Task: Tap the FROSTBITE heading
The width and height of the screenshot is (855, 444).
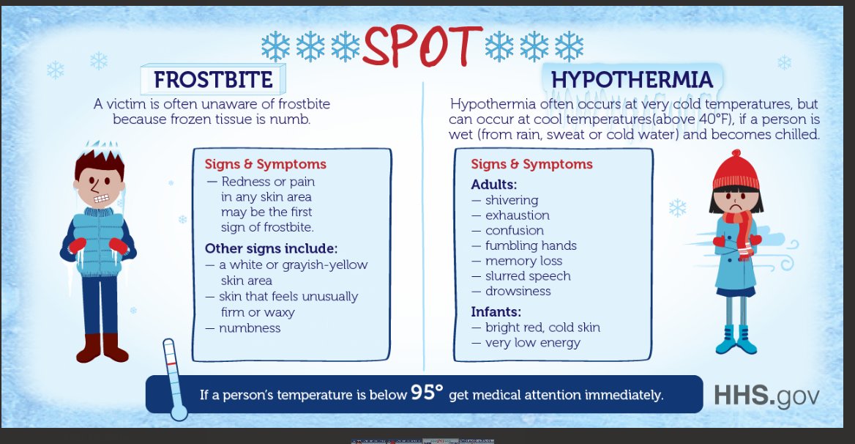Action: [213, 79]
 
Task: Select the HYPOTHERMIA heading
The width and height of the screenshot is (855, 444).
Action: [632, 79]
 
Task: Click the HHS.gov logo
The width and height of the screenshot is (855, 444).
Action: [766, 395]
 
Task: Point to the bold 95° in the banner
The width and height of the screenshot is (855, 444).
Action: [426, 393]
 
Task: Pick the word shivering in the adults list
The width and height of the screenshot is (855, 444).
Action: [511, 200]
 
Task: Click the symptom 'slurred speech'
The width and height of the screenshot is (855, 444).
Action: [527, 275]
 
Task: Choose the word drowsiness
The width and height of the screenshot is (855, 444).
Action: [518, 291]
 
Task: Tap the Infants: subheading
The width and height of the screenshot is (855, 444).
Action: [496, 311]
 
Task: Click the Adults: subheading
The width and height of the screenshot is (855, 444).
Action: [493, 184]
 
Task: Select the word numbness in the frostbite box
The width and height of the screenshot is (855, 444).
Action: [249, 328]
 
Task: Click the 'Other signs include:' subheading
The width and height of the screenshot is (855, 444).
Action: [271, 248]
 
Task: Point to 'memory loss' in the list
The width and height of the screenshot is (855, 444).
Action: [523, 261]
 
